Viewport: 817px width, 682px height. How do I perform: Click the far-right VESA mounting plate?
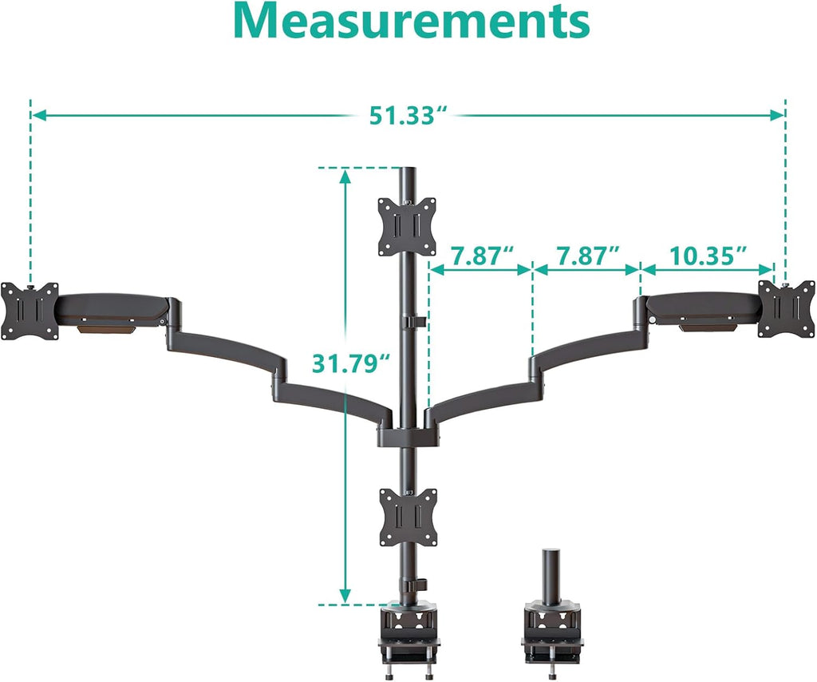[786, 308]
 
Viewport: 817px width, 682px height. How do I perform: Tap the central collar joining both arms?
[408, 436]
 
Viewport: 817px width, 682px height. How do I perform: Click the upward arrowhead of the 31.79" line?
[345, 177]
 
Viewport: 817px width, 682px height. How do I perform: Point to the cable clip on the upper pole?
[414, 322]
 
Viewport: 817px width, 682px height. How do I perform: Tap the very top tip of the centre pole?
[408, 169]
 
